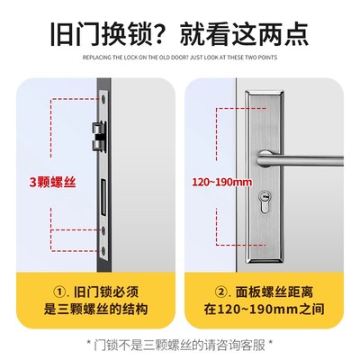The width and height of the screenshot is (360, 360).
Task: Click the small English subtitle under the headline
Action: coord(180,58)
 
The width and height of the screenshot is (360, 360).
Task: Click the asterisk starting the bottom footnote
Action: coord(87,343)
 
